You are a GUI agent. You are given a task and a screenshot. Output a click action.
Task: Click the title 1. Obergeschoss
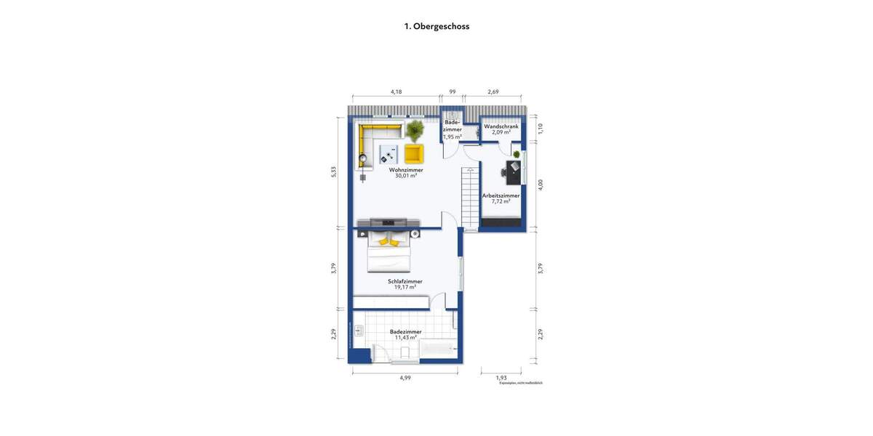coord(436,26)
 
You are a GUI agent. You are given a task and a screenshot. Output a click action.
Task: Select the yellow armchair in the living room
coord(413,153)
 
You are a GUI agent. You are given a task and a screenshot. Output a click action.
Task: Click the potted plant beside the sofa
coord(415,131)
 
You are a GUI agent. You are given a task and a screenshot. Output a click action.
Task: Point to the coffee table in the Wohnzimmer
coord(387,153)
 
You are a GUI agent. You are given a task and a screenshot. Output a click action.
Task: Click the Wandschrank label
coord(501,126)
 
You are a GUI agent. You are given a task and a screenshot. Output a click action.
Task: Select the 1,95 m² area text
coord(452,137)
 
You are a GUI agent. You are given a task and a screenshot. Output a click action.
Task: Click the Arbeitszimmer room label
coord(501,195)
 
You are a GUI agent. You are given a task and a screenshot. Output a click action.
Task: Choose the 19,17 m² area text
coord(405,287)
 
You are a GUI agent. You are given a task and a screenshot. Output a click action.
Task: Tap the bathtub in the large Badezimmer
coord(439,351)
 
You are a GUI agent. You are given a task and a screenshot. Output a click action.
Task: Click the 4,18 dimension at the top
coord(396,92)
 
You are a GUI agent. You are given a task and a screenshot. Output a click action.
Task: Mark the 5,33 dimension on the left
coord(334,171)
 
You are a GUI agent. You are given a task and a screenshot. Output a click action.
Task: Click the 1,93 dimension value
coord(501,377)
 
